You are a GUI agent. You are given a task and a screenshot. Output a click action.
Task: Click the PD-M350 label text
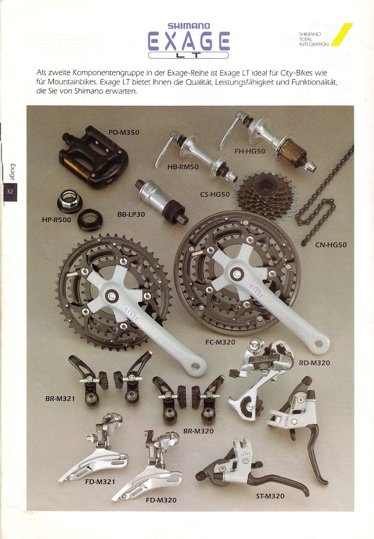pyautogui.click(x=124, y=133)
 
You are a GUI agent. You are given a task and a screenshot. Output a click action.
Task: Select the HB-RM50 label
pyautogui.click(x=183, y=167)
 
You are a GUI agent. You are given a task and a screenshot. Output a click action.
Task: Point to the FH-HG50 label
pyautogui.click(x=250, y=151)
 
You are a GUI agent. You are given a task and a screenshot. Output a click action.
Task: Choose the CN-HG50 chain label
pyautogui.click(x=331, y=245)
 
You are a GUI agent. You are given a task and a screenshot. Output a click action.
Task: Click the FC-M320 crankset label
pyautogui.click(x=220, y=342)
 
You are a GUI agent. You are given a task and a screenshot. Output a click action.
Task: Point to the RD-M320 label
pyautogui.click(x=314, y=363)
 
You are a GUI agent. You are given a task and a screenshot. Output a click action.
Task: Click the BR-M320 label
pyautogui.click(x=198, y=431)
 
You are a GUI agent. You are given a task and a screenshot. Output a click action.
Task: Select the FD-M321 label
pyautogui.click(x=100, y=482)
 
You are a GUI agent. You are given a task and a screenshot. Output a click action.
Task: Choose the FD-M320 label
pyautogui.click(x=161, y=500)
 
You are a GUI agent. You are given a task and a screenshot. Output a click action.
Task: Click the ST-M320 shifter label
pyautogui.click(x=270, y=496)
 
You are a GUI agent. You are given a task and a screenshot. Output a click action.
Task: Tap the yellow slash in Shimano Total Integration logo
pyautogui.click(x=342, y=35)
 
